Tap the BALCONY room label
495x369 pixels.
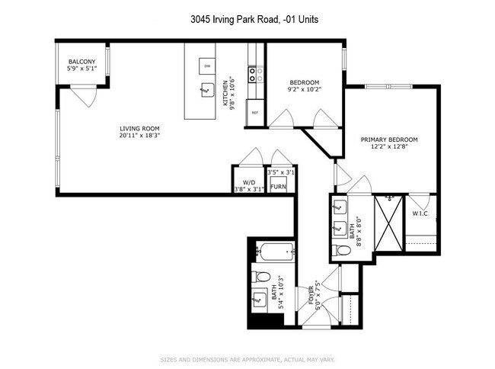[x=81, y=62]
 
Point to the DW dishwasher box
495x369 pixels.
[x=206, y=66]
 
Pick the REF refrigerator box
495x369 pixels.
[x=255, y=111]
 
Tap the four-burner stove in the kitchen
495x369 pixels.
[x=256, y=74]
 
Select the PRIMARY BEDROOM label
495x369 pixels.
[x=389, y=140]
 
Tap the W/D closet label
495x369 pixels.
[x=249, y=183]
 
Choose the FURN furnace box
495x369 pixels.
[x=279, y=186]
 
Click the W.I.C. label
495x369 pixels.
[x=420, y=213]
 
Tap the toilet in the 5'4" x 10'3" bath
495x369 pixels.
[x=261, y=276]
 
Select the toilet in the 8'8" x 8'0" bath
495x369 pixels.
[x=340, y=251]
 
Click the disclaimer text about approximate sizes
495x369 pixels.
[x=247, y=359]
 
